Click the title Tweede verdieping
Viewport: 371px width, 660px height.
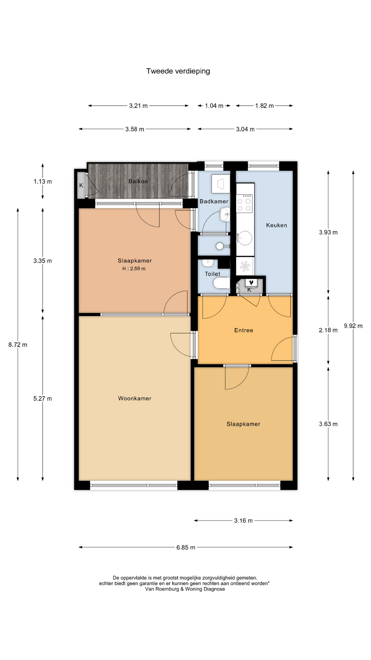[x=178, y=71]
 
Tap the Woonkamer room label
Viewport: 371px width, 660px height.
[x=135, y=398]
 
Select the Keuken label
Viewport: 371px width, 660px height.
[x=277, y=225]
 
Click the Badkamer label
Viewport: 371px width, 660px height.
[x=214, y=201]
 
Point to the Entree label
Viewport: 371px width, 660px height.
[x=244, y=330]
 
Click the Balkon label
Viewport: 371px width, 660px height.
[x=138, y=181]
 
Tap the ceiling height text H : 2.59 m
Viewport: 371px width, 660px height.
[x=134, y=269]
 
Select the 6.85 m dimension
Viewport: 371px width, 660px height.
[x=186, y=547]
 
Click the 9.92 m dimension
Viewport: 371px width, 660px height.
[x=353, y=326]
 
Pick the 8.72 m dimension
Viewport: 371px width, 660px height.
[x=18, y=345]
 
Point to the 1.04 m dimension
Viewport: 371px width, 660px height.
[x=214, y=106]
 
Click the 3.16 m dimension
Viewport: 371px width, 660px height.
[x=243, y=521]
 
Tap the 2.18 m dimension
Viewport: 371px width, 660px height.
[x=328, y=330]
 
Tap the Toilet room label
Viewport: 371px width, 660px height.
[x=212, y=274]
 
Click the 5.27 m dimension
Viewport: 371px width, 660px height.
[x=43, y=399]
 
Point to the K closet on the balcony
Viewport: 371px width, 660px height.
[x=81, y=185]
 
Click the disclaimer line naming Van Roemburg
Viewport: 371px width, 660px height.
[x=185, y=589]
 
